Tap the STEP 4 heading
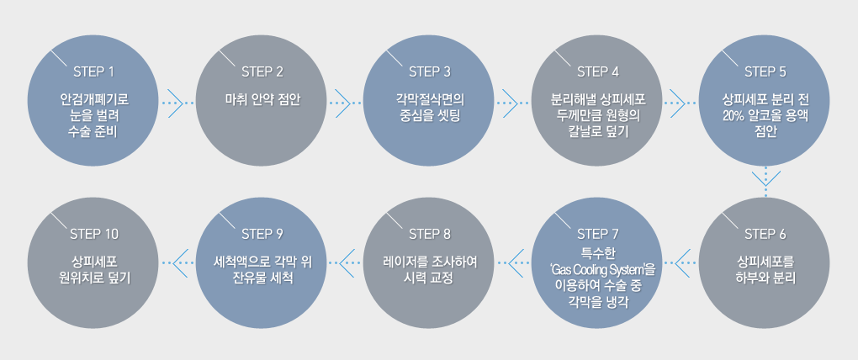coord(598,70)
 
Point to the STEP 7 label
coord(598,233)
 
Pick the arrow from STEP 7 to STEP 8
coord(513,262)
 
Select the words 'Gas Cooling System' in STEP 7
coord(599,270)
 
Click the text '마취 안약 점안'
coord(262,98)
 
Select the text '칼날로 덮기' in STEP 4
coord(598,131)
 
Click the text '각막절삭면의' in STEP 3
coord(430,98)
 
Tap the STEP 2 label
coord(262,70)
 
